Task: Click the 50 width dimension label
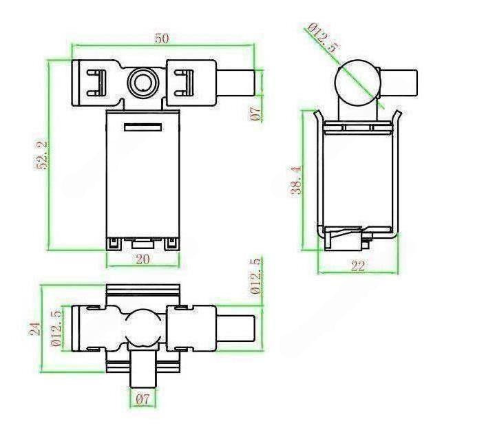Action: tap(162, 39)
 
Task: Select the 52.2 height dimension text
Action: tap(42, 155)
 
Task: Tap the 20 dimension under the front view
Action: tap(143, 259)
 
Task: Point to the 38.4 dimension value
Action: tap(296, 181)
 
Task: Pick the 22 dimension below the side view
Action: tap(358, 266)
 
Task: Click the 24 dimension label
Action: tap(35, 328)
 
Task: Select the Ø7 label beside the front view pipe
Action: tap(255, 114)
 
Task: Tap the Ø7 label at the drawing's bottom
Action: tap(143, 400)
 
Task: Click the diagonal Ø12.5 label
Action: tap(324, 37)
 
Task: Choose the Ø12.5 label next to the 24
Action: tap(56, 328)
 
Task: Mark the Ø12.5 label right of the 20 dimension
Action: tap(256, 276)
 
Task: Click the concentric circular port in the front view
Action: tap(143, 82)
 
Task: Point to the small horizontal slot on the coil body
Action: tap(143, 127)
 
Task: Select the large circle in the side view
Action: tap(358, 83)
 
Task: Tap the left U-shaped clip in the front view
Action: tap(96, 83)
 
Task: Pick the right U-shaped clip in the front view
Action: tap(185, 83)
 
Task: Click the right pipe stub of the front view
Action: tap(236, 83)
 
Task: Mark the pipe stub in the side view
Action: tap(399, 83)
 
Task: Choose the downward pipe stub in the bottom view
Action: tap(143, 369)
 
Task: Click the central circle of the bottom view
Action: tap(143, 327)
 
